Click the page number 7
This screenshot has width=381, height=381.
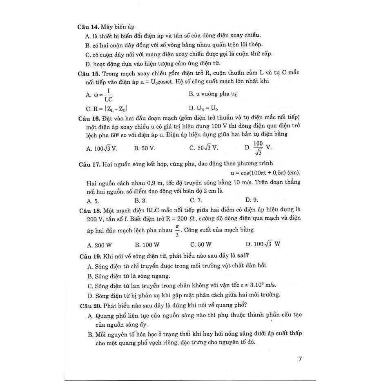[300, 359]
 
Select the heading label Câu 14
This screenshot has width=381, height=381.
[88, 27]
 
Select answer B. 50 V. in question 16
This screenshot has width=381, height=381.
[145, 148]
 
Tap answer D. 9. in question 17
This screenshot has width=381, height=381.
[252, 200]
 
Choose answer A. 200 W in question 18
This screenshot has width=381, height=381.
[99, 245]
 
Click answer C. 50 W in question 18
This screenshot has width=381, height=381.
[201, 245]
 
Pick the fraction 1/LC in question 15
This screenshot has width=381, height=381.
[108, 95]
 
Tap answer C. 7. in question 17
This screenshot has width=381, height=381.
[196, 200]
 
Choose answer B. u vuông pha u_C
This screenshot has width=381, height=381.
[213, 94]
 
